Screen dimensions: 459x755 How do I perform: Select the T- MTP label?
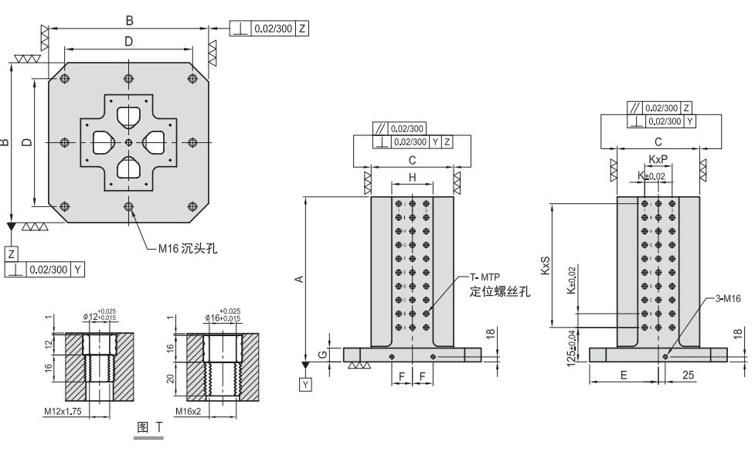click(484, 277)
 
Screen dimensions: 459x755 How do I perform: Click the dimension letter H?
click(412, 177)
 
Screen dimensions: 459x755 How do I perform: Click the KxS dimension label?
click(546, 265)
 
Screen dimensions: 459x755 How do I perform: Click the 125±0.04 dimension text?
click(571, 348)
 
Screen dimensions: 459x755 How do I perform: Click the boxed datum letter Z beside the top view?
click(11, 253)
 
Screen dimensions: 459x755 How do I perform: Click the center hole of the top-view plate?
click(128, 143)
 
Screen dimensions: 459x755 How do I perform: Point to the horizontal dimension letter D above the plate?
click(128, 40)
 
